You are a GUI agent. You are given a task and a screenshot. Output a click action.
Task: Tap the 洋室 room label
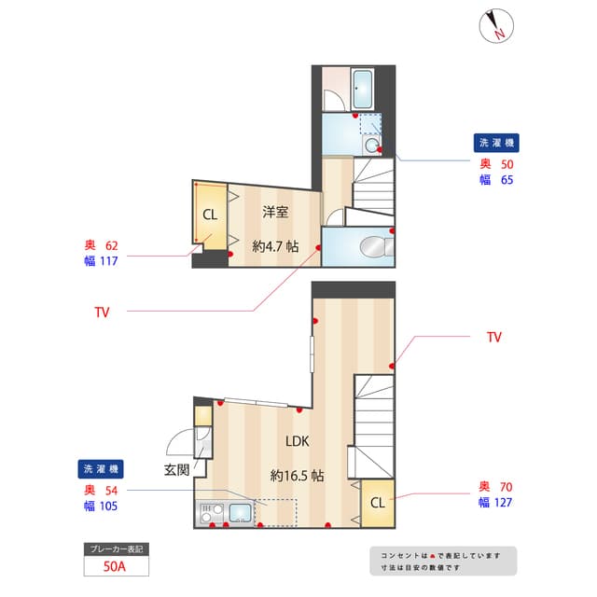[x=275, y=212]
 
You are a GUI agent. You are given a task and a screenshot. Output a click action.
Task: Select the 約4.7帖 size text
[x=275, y=246]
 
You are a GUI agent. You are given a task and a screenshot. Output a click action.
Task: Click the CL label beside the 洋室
[x=210, y=215]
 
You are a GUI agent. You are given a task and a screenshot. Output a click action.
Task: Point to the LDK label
[x=298, y=441]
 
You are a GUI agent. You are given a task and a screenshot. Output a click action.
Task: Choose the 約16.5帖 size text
[x=298, y=475]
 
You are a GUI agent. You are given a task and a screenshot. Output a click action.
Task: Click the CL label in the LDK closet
[x=377, y=503]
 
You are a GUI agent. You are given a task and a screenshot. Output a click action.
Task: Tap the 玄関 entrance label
[x=177, y=469]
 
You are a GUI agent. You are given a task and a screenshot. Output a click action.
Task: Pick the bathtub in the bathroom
[x=362, y=90]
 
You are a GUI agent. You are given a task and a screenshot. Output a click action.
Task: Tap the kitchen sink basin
[x=240, y=512]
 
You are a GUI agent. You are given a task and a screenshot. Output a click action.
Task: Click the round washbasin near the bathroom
[x=371, y=146]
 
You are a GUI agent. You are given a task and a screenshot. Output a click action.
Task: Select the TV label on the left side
[x=102, y=312]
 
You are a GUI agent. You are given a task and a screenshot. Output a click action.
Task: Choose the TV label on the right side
[x=494, y=337]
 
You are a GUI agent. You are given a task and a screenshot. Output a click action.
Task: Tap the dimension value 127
[x=502, y=502]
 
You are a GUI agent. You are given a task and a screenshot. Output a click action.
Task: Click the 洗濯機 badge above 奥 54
[x=102, y=468]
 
